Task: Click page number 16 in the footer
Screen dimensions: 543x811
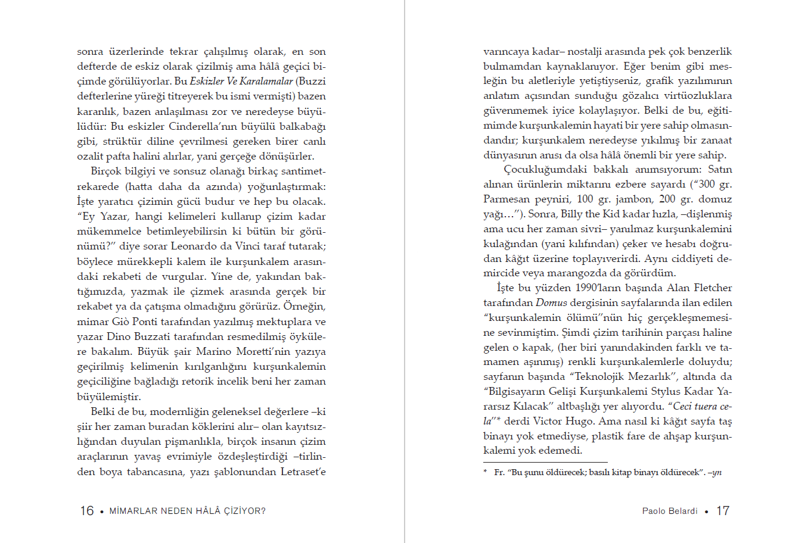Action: [x=87, y=511]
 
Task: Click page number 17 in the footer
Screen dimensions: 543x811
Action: [x=723, y=511]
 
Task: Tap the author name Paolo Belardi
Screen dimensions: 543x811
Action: [x=670, y=511]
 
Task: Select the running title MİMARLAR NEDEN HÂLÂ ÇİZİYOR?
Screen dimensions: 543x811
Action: [x=188, y=511]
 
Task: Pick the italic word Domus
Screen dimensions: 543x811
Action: [x=551, y=302]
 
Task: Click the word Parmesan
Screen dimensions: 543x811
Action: [x=505, y=199]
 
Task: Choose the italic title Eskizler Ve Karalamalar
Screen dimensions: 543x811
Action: [x=241, y=81]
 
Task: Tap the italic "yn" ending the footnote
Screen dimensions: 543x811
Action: [x=717, y=472]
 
